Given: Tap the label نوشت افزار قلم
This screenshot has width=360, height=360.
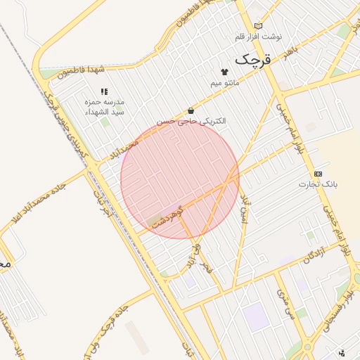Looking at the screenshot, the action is (x=258, y=36).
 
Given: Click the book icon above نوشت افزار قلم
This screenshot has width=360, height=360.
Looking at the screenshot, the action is (x=258, y=25).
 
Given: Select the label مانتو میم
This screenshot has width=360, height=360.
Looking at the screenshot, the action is (x=225, y=83).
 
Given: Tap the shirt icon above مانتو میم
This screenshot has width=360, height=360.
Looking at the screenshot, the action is (x=224, y=72).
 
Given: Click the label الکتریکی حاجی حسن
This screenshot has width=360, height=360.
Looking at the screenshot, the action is (x=191, y=121).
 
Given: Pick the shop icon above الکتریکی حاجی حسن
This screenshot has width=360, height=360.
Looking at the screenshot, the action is (x=191, y=110).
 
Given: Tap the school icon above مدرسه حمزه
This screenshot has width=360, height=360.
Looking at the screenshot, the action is (x=105, y=91).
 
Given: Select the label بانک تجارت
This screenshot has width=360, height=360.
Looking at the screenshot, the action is (x=319, y=185).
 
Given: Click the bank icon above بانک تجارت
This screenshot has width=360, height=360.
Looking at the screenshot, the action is (x=319, y=173).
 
